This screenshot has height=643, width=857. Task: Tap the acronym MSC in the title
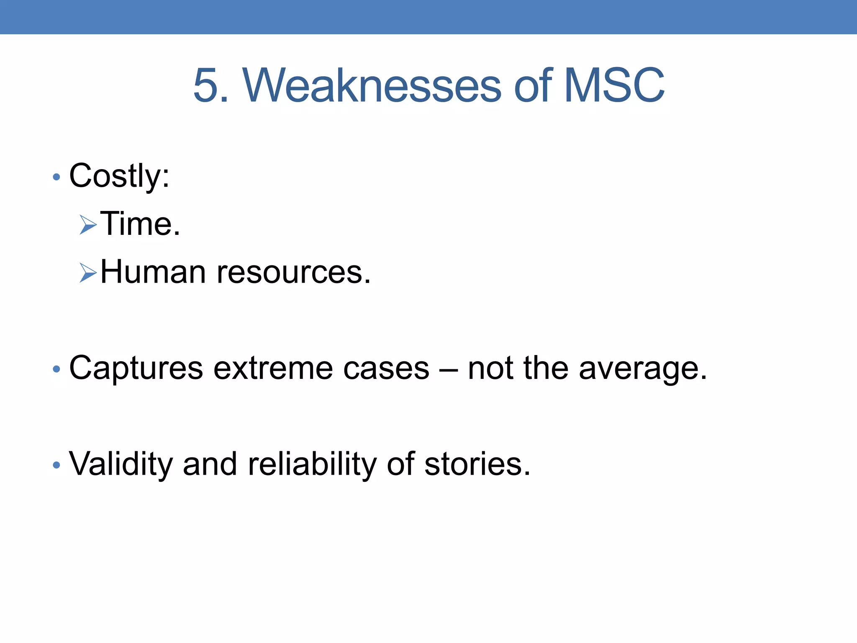point(614,86)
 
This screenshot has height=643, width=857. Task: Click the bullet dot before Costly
point(56,177)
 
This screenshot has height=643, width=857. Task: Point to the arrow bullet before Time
point(88,225)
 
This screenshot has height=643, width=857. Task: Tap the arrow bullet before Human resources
point(88,273)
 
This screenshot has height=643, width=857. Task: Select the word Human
point(153,272)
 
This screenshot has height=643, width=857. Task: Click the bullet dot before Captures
point(56,369)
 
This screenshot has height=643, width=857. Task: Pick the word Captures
point(136,368)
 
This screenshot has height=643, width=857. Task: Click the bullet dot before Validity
point(56,465)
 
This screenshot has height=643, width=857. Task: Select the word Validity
point(121,465)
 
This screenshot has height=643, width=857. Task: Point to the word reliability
point(312,465)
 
